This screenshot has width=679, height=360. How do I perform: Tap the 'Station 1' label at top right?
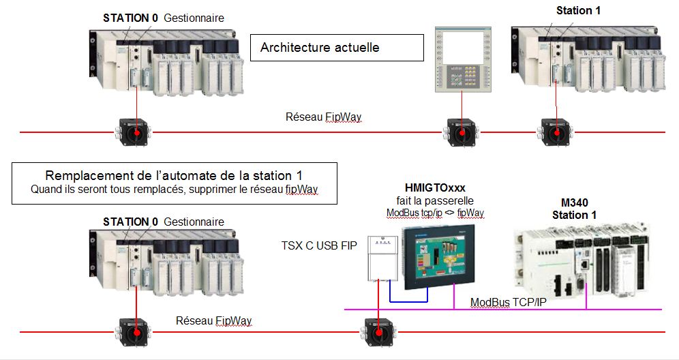pyautogui.click(x=578, y=10)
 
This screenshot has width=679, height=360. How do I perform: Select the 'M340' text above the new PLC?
pyautogui.click(x=574, y=202)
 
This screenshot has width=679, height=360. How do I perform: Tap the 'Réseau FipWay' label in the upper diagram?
pyautogui.click(x=323, y=117)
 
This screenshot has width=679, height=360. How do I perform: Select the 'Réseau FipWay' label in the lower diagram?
pyautogui.click(x=213, y=320)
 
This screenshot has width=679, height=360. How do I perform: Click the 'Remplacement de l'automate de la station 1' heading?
pyautogui.click(x=175, y=175)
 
